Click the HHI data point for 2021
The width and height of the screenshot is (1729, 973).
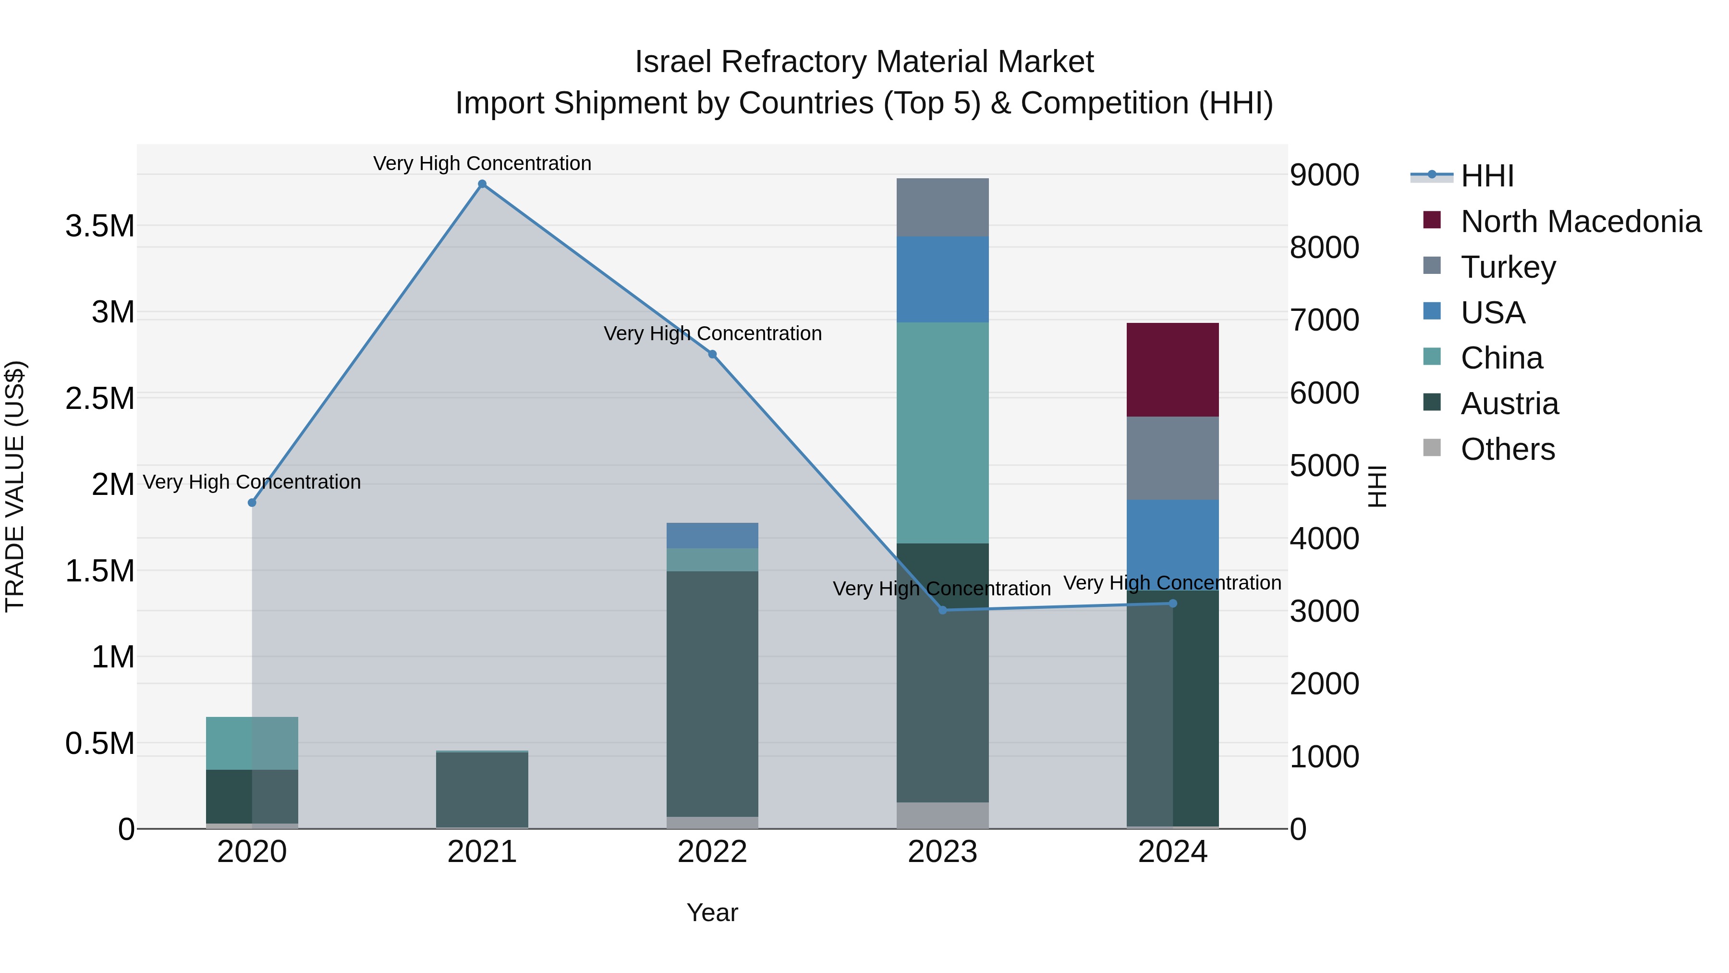click(x=482, y=184)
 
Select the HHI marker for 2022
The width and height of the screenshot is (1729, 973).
click(x=712, y=355)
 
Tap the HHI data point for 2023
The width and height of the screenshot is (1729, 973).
click(x=942, y=610)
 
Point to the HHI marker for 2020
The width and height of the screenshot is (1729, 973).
click(x=252, y=502)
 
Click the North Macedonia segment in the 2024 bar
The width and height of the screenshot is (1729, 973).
click(x=1172, y=369)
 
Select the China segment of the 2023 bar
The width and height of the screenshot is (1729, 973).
click(x=942, y=432)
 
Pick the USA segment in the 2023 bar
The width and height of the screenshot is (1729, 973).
click(x=942, y=279)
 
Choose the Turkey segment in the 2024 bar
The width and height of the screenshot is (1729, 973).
click(x=1172, y=458)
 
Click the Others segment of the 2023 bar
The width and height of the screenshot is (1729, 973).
click(x=942, y=815)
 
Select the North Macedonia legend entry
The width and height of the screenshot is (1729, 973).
click(x=1580, y=222)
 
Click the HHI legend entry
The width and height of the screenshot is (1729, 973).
click(x=1486, y=176)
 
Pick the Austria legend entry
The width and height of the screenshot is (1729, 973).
click(x=1509, y=404)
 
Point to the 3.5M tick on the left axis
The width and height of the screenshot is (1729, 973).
click(x=100, y=226)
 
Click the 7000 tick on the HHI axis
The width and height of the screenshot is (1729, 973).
click(x=1324, y=320)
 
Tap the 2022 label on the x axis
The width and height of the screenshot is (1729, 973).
click(x=712, y=852)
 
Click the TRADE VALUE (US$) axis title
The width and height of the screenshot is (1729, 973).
click(x=15, y=486)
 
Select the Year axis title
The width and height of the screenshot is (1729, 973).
click(x=712, y=912)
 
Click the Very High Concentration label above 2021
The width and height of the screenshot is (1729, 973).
click(x=482, y=163)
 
